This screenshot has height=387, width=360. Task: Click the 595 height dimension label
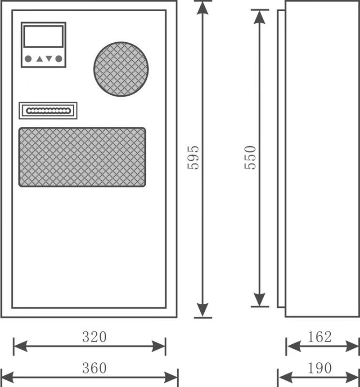point(193,158)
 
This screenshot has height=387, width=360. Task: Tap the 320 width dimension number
point(94,337)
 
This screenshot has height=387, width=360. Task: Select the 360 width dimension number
point(94,368)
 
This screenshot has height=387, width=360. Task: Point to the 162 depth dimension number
point(320,336)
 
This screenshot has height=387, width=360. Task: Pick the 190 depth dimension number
point(320,368)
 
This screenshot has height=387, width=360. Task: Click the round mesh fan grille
point(121,69)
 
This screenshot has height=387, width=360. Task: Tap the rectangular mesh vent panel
point(82,157)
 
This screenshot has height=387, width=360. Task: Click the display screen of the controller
point(43,36)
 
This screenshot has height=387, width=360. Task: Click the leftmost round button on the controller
point(28,58)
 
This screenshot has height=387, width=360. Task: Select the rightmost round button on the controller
point(58,58)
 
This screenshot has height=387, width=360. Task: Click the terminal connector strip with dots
point(48,111)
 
